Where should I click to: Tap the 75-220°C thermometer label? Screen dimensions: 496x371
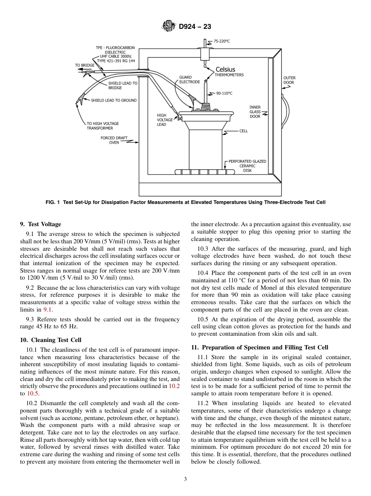(221, 41)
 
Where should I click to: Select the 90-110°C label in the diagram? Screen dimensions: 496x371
(224, 93)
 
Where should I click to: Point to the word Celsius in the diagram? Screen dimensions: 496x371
(225, 69)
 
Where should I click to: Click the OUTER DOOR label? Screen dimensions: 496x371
(289, 80)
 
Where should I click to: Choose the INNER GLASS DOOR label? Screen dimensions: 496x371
(255, 112)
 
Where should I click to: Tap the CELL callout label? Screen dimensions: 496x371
(243, 131)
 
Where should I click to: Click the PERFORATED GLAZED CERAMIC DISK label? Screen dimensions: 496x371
(247, 166)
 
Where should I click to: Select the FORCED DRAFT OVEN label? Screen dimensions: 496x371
(114, 140)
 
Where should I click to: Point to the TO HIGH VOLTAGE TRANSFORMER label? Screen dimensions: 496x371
(103, 126)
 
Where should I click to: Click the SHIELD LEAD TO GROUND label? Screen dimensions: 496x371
(114, 100)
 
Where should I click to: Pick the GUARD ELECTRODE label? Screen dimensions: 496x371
(189, 80)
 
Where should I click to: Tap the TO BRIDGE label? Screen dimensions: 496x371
(85, 65)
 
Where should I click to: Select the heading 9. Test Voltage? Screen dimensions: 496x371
(41, 224)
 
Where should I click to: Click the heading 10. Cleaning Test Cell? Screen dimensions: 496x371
(51, 340)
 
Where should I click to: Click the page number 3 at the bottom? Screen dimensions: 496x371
(185, 479)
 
